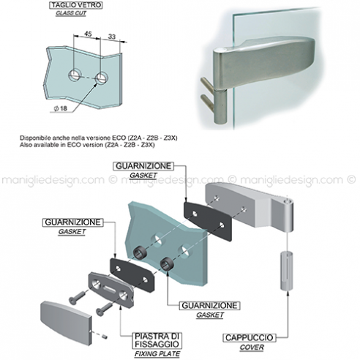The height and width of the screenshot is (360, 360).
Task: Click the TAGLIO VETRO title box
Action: [x=76, y=5]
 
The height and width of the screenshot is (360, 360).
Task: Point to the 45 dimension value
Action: [x=88, y=34]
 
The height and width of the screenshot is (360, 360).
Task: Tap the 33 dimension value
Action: [x=112, y=37]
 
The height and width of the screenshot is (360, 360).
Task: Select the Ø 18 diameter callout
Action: [x=61, y=108]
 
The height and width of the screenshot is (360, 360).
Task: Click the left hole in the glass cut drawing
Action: [x=75, y=75]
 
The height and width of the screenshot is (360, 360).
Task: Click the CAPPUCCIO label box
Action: [x=250, y=337]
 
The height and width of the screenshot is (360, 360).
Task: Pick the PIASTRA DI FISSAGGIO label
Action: [x=157, y=340]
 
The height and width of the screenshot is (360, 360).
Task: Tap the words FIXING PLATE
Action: [x=157, y=353]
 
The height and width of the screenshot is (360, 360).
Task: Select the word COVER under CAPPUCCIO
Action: [x=252, y=347]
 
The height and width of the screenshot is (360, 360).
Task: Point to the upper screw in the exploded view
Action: [x=77, y=298]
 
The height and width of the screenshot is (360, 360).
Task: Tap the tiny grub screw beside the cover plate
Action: [x=105, y=337]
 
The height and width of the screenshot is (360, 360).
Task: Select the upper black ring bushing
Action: [x=139, y=254]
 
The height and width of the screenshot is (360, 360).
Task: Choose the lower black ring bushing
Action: [x=167, y=263]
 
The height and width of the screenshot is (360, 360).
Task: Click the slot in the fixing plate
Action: [x=110, y=290]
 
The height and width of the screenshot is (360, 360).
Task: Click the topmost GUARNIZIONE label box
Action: [x=143, y=166]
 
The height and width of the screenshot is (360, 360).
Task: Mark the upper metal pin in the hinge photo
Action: [x=206, y=84]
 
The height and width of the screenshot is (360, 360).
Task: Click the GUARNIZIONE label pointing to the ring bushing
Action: [x=210, y=306]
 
